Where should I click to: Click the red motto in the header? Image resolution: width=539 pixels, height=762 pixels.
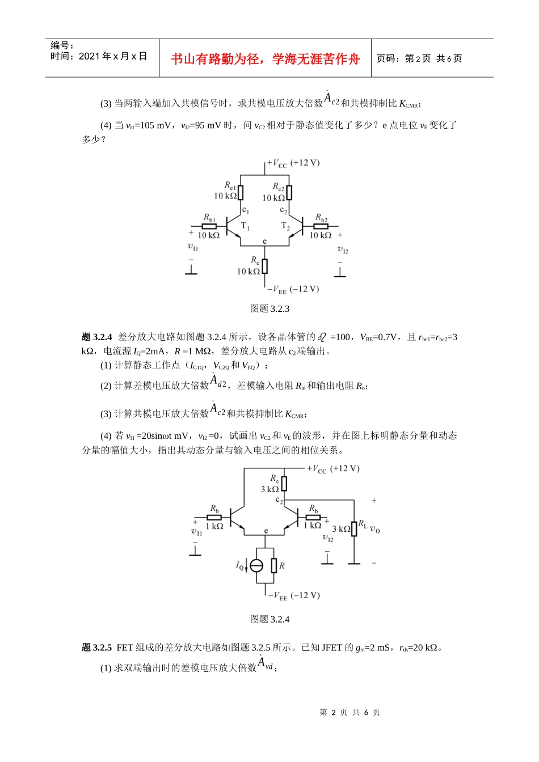(265, 59)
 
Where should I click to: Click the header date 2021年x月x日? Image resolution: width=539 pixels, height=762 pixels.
(99, 56)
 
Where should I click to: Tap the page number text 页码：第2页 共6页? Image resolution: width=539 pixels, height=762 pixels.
(419, 58)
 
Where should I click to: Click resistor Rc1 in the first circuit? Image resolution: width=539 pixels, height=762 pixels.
(241, 193)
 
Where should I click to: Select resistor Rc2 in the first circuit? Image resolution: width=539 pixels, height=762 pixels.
(289, 193)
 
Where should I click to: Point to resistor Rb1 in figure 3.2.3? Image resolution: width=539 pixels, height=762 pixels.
(209, 226)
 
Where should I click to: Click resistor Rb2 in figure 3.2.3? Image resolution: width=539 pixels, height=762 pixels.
(321, 226)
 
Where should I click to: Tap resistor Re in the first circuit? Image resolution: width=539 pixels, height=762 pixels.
(265, 266)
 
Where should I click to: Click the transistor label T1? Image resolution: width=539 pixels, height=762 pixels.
(245, 226)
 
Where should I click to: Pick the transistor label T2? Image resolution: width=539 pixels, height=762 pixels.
(285, 226)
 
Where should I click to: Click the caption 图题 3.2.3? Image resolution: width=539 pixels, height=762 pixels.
(269, 308)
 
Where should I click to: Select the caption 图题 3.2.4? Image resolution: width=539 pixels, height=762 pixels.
(269, 619)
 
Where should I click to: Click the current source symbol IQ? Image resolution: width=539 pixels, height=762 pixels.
(256, 565)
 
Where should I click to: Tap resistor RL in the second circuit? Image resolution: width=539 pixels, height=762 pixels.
(354, 528)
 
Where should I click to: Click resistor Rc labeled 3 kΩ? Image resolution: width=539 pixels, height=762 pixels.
(284, 484)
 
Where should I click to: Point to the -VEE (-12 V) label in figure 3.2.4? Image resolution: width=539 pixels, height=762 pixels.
(294, 595)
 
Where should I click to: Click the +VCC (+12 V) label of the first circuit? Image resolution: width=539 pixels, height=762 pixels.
(293, 163)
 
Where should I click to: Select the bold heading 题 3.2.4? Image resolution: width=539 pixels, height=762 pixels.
(97, 337)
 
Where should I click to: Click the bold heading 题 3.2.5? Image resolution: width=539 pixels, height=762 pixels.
(97, 647)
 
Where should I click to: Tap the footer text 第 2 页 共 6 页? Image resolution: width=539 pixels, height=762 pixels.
(349, 712)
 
